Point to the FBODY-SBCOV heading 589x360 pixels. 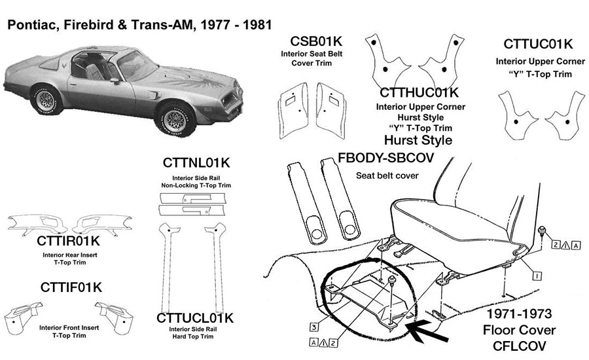click(x=386, y=159)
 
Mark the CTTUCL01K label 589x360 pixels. click(x=195, y=318)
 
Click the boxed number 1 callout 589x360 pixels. click(x=535, y=277)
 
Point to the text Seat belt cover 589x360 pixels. click(x=386, y=175)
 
